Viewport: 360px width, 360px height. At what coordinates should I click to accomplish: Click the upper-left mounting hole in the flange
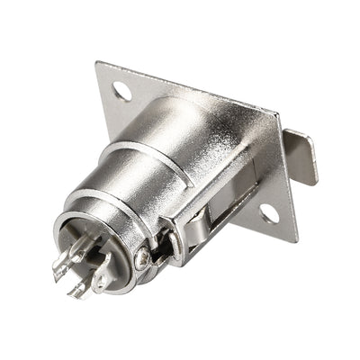[x=122, y=91]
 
